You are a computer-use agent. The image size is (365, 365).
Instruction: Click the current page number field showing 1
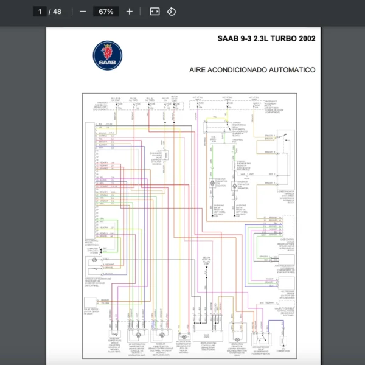(x=41, y=12)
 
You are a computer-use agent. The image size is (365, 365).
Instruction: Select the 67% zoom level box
(x=106, y=12)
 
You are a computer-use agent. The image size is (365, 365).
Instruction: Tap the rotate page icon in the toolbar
(x=171, y=12)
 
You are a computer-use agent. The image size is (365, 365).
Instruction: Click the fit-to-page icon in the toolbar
(x=155, y=12)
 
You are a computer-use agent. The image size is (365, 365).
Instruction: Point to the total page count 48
(x=57, y=12)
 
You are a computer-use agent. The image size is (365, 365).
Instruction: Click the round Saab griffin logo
(x=108, y=56)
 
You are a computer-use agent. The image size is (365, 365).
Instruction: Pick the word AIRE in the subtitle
(x=198, y=70)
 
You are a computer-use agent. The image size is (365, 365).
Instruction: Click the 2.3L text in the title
(x=251, y=39)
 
